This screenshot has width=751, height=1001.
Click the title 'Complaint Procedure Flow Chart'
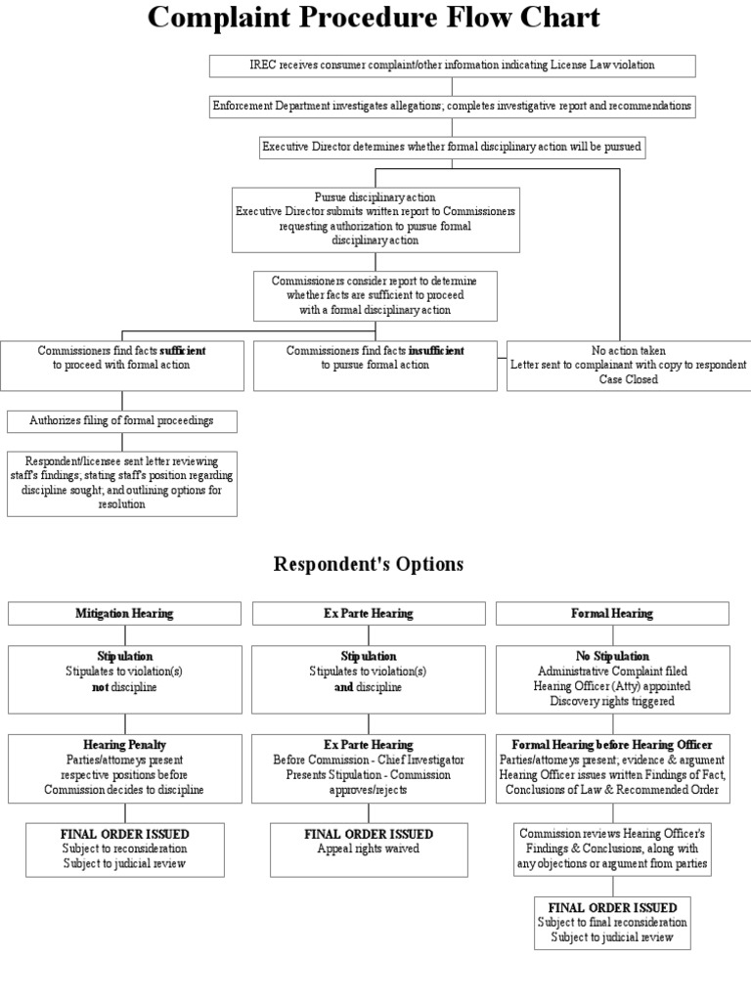point(375,19)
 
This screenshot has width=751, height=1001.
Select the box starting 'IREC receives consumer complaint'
point(453,65)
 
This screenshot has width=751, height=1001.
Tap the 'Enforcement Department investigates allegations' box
point(453,106)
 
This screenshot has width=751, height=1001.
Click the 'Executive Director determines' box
point(453,147)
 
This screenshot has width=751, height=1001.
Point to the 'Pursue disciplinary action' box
point(375,219)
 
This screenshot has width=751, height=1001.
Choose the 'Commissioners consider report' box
point(375,295)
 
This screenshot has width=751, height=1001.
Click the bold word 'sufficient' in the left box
point(183,350)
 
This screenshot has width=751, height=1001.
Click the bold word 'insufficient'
point(436,350)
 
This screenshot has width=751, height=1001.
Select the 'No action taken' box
point(628,365)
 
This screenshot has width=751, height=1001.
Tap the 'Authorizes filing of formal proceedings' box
point(121,421)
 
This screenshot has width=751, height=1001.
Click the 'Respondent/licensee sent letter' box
point(121,483)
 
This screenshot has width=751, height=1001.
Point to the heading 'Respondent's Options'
point(369,564)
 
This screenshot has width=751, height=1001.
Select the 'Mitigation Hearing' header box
point(124,614)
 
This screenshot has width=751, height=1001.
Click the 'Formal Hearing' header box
point(612,614)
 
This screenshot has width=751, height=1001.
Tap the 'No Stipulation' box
point(612,678)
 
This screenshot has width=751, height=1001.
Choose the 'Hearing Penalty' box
point(124,767)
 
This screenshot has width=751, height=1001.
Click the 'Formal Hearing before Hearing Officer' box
point(612,767)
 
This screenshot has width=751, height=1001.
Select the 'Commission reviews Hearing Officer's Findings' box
point(612,849)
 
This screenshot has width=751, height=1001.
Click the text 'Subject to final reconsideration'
point(612,922)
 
